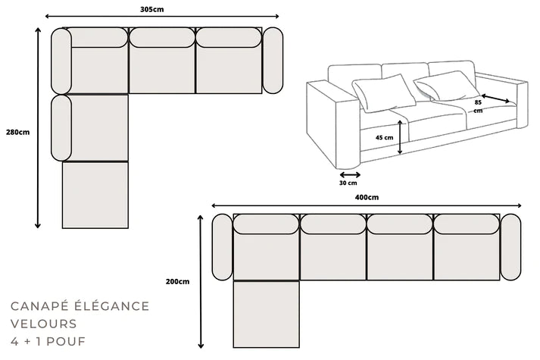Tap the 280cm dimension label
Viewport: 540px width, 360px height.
17,133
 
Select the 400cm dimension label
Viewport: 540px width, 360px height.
367,197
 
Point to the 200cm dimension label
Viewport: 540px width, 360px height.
177,282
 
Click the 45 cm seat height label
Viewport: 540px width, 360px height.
385,138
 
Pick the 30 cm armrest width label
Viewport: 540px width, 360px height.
348,183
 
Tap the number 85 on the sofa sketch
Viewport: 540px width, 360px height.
478,102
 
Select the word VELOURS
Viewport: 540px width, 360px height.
43,324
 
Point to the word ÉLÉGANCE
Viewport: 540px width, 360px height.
111,306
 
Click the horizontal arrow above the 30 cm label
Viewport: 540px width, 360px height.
346,174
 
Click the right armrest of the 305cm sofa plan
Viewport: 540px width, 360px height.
273,61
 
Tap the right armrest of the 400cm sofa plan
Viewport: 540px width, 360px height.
511,247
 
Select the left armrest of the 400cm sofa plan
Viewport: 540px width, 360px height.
222,247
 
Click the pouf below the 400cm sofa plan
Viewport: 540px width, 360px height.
266,313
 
